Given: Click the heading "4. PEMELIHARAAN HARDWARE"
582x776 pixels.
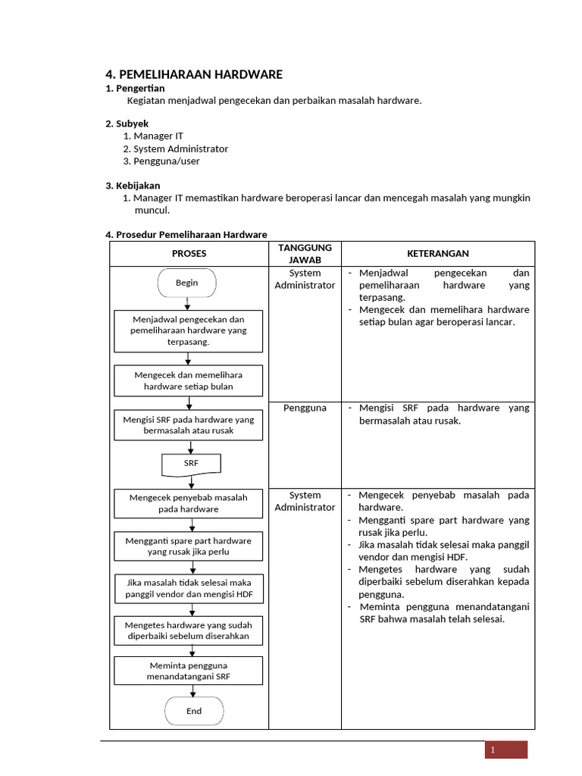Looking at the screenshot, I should (x=193, y=74).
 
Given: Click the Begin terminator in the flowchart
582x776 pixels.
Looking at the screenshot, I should (x=187, y=283).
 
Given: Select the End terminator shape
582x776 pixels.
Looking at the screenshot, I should (x=194, y=711).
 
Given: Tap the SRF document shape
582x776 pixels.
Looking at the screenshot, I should (x=191, y=463).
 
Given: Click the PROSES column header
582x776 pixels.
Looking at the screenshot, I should (x=189, y=254).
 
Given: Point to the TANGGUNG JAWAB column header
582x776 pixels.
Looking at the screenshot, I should (x=305, y=254).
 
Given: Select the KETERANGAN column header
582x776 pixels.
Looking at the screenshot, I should (x=437, y=254).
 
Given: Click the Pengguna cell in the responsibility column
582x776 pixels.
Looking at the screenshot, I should (x=305, y=408).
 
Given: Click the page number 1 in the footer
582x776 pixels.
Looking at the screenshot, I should (x=493, y=750).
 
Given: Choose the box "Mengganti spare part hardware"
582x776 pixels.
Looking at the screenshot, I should (x=189, y=546).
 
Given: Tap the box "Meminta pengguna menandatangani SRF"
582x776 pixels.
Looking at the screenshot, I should (x=189, y=671).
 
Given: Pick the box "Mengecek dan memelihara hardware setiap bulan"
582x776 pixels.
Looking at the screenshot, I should (x=189, y=380).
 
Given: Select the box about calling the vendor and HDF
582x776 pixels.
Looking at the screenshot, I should (x=189, y=589).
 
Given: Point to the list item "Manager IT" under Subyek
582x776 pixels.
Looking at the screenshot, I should (x=158, y=136).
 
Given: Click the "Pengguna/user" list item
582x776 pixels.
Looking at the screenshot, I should (x=167, y=161).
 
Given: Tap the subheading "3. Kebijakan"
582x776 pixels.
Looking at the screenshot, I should (x=133, y=186).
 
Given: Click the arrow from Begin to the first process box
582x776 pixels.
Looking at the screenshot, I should (x=188, y=303).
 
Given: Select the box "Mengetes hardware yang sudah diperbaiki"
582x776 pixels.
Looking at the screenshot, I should (x=189, y=630).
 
